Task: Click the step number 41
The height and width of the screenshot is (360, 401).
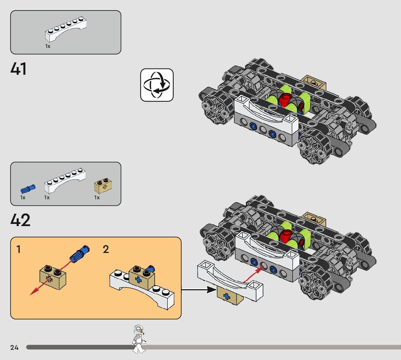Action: (18, 69)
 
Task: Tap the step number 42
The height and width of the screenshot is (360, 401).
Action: (20, 220)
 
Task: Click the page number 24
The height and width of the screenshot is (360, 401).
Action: (14, 348)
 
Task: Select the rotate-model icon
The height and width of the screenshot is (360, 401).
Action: (157, 85)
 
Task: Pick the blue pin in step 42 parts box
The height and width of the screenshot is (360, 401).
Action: (28, 189)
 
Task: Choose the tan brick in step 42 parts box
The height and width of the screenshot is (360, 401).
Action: (103, 186)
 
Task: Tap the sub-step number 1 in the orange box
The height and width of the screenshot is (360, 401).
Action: (18, 250)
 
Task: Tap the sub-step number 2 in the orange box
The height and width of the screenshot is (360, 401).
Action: (106, 250)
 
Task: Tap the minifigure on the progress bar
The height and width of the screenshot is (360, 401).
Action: (139, 339)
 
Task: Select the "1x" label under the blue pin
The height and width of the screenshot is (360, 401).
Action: (23, 198)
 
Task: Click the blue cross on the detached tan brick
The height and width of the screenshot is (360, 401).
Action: (227, 296)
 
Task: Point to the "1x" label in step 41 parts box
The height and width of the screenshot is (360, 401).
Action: (48, 46)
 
